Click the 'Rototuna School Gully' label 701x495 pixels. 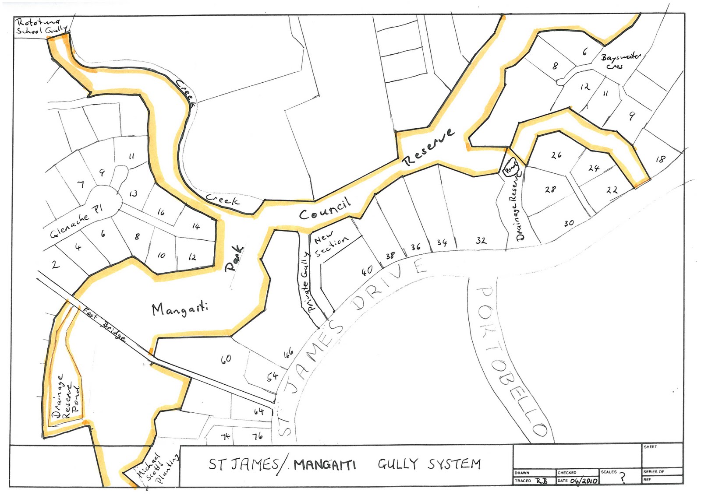(41, 26)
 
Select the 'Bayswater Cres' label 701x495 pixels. (619, 60)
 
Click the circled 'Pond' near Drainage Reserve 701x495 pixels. (510, 167)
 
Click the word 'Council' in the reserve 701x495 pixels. (325, 209)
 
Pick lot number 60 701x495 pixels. (226, 359)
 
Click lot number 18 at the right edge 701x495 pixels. (660, 159)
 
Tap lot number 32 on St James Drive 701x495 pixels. (481, 240)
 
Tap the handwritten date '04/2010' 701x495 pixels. (584, 481)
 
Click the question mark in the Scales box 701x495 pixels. (622, 477)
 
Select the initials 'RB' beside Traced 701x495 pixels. (542, 481)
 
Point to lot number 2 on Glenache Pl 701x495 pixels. (55, 264)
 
